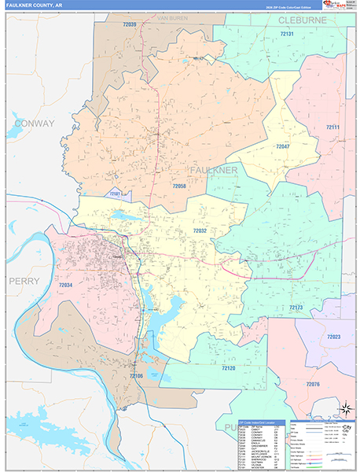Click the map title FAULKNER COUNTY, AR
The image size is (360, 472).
[x=37, y=6]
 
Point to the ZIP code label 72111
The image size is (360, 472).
[x=333, y=127]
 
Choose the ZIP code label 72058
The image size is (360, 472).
[x=178, y=186]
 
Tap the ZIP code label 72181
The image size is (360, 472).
[x=116, y=194]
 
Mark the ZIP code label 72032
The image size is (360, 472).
[x=200, y=231]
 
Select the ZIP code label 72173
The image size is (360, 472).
[x=296, y=307]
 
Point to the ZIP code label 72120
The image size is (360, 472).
[x=228, y=367]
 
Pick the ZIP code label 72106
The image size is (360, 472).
[x=137, y=376]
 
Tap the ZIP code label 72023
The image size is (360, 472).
[x=334, y=337]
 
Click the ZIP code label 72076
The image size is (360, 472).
[x=313, y=384]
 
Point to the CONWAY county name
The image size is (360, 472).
[x=33, y=124]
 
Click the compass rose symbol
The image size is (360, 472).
[x=343, y=408]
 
